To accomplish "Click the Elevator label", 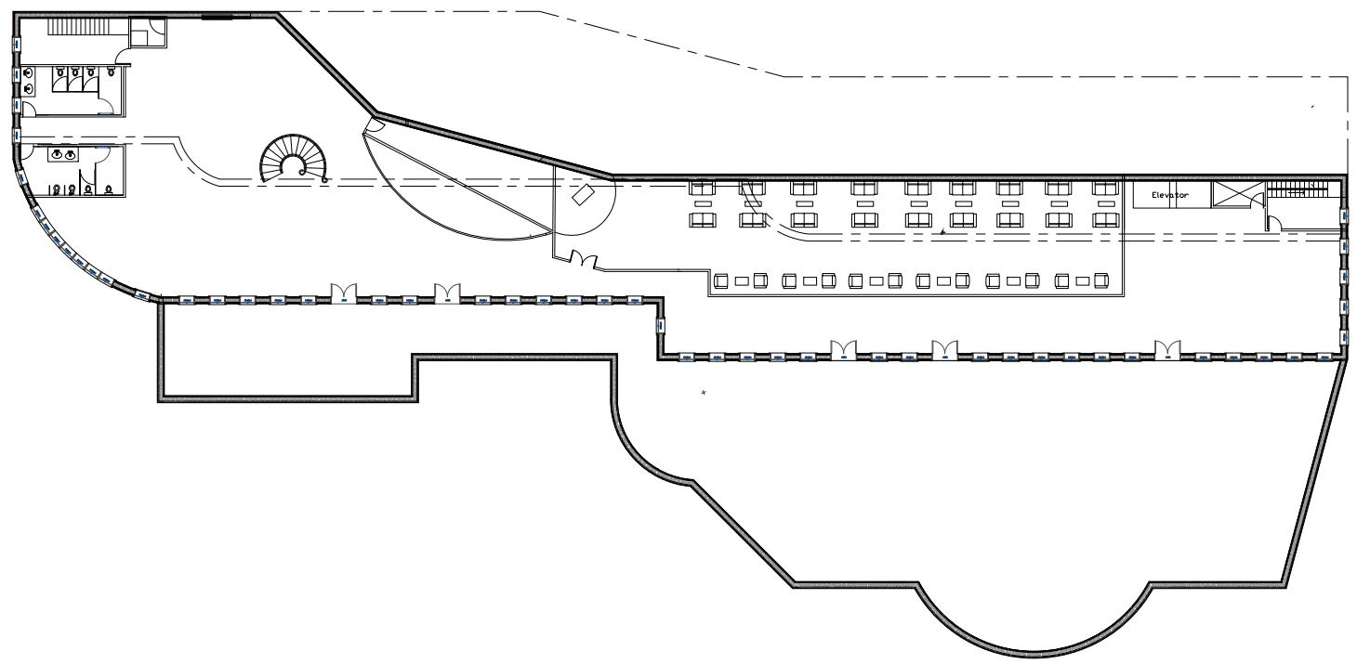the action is click(1170, 195).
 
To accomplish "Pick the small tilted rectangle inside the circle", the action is click(584, 195).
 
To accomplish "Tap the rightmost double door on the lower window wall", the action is click(1166, 350).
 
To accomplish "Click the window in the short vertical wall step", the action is click(661, 326).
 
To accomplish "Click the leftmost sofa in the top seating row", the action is click(701, 188).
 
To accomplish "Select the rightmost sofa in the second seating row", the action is click(1104, 220).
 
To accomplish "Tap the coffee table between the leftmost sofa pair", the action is click(703, 203).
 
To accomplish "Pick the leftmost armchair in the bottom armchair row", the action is click(720, 280).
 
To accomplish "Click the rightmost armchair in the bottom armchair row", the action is click(1102, 280).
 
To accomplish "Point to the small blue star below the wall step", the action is click(703, 394).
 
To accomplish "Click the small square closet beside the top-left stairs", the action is click(147, 33).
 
